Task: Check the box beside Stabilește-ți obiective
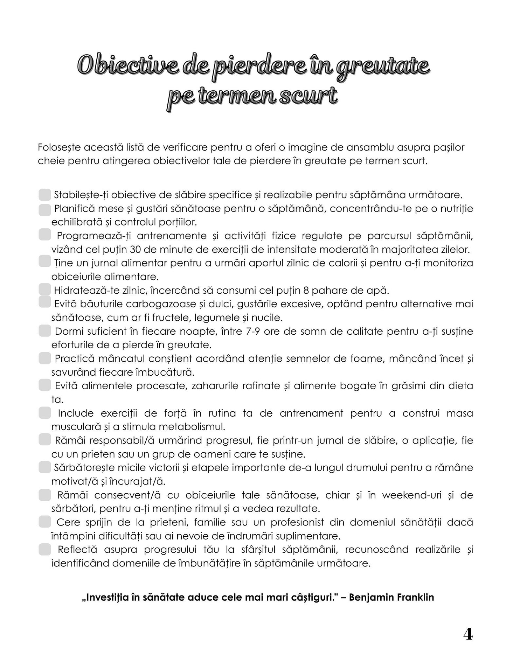[x=45, y=194]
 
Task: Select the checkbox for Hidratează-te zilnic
[x=45, y=290]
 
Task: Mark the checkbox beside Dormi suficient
[x=45, y=331]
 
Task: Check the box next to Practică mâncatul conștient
[x=45, y=358]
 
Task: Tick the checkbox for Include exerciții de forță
[x=45, y=413]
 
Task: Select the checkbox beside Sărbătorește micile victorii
[x=45, y=467]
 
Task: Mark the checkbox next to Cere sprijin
[x=45, y=522]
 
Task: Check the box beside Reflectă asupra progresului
[x=45, y=549]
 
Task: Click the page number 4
[x=468, y=634]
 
